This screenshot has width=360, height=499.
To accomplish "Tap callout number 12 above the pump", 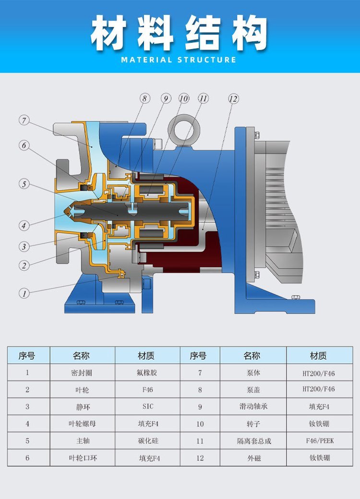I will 233,99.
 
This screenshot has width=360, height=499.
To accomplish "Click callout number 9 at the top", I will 166,99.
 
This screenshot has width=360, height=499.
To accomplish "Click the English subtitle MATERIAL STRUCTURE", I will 179,60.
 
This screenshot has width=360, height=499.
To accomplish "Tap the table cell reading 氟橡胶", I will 147,372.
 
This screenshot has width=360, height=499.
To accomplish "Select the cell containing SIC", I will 147,406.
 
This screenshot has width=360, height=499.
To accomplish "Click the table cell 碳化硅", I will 147,440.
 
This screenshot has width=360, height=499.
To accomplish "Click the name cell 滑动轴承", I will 253,406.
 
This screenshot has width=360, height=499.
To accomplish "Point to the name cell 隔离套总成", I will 253,440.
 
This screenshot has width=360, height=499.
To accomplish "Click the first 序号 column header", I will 27,356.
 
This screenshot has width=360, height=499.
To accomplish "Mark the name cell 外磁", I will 253,458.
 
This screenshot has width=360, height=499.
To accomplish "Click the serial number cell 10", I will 200,424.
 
